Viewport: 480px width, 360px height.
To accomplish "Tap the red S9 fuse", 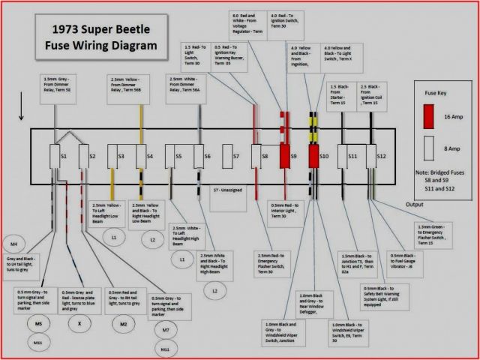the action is click(286, 157).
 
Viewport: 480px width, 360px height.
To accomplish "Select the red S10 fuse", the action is click(314, 157).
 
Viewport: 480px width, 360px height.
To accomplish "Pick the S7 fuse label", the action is click(235, 157).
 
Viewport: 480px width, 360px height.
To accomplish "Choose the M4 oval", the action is click(14, 244).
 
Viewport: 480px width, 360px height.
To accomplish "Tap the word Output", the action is click(419, 204).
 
